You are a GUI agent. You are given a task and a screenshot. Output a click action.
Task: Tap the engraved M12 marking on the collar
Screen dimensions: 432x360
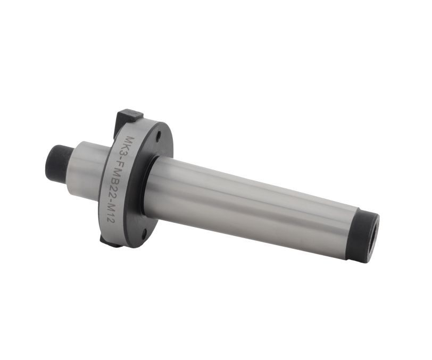click(110, 215)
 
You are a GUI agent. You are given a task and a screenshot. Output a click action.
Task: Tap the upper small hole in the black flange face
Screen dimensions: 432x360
click(159, 135)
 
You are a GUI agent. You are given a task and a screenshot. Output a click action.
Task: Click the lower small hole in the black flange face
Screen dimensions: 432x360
click(144, 235)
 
